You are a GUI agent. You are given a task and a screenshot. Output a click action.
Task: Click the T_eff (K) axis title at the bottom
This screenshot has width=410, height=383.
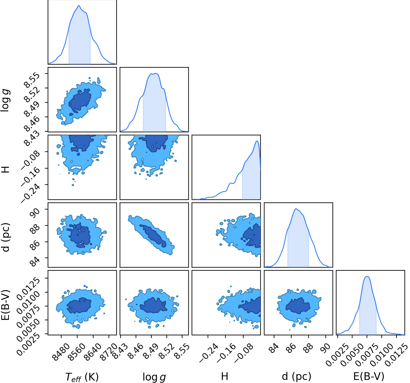click(x=82, y=377)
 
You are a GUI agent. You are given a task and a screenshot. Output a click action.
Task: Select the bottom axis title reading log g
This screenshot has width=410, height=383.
click(x=154, y=377)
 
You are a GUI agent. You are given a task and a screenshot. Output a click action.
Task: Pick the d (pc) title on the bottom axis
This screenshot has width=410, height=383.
click(x=297, y=377)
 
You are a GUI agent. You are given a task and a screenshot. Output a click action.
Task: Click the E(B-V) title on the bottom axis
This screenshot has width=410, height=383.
click(x=369, y=377)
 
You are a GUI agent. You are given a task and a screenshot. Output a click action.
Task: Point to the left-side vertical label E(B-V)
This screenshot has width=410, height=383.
click(x=6, y=305)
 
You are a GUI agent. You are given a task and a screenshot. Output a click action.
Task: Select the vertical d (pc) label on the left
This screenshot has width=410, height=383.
click(x=6, y=237)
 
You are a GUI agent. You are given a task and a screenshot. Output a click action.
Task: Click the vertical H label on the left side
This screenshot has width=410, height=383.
click(x=5, y=170)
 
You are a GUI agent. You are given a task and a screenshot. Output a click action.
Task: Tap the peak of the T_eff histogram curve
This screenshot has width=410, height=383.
click(x=79, y=6)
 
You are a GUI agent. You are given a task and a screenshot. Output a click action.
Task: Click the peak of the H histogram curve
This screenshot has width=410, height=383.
click(x=257, y=141)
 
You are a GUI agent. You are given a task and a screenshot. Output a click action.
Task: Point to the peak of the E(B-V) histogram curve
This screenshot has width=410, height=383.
click(x=367, y=276)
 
